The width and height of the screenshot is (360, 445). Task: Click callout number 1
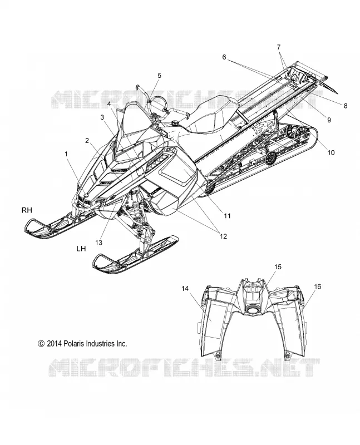coord(66,154)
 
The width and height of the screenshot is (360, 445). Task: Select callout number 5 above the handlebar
coord(159,76)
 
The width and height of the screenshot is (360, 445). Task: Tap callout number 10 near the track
coord(331,152)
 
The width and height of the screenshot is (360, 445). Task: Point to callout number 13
coord(99,243)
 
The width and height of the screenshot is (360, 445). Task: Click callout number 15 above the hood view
coord(278,267)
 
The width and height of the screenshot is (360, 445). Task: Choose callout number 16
coord(318,286)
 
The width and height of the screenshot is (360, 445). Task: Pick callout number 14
coord(185,288)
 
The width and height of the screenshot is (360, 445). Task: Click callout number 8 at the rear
coord(345,106)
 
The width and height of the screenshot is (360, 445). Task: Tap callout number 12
coord(224,236)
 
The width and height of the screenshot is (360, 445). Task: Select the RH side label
coord(27,210)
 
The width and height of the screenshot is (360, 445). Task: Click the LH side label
coord(81,249)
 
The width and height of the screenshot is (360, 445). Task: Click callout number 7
coord(279,47)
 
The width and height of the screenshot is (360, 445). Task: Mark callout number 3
coord(102,117)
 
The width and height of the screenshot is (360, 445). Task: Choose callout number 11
coord(227,216)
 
